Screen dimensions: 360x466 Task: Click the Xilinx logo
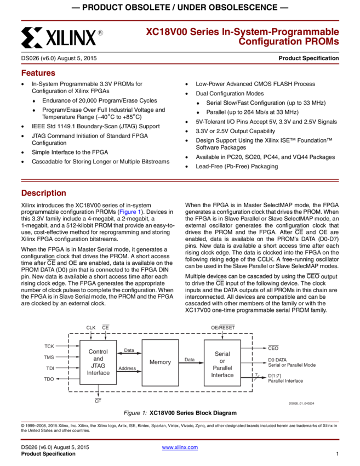(x=62, y=37)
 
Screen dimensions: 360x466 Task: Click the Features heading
(x=38, y=73)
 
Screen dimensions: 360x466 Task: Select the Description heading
(x=44, y=193)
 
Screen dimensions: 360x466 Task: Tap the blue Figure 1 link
(x=130, y=212)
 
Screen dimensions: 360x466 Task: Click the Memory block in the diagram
(x=160, y=362)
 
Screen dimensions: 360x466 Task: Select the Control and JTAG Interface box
(x=98, y=362)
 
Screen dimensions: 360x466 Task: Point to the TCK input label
(x=49, y=346)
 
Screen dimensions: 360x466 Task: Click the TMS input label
(x=49, y=357)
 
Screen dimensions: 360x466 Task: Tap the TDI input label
(x=49, y=368)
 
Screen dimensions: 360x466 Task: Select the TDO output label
(x=49, y=379)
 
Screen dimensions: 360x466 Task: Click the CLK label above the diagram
(x=91, y=327)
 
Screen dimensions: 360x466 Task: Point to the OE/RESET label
(x=222, y=327)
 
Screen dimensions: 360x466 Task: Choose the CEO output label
(x=273, y=348)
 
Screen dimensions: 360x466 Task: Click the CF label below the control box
(x=98, y=401)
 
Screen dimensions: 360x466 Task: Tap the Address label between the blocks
(x=127, y=368)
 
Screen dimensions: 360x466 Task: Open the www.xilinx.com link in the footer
(x=180, y=447)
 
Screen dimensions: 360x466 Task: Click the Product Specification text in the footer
(x=48, y=454)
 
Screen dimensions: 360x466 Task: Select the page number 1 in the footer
(x=337, y=454)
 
